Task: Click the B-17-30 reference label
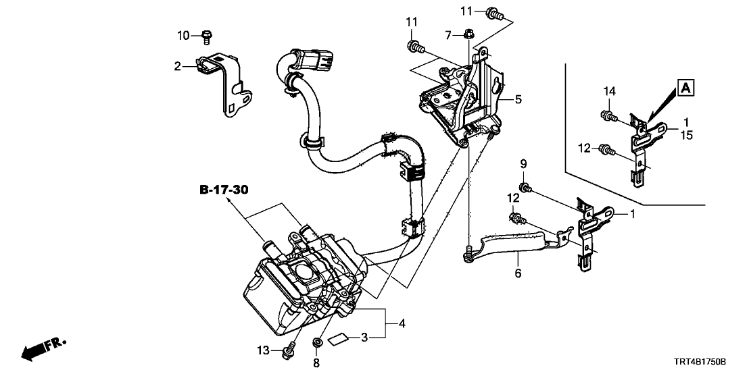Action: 224,191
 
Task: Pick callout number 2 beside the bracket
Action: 177,65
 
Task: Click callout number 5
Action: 518,100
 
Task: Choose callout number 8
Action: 316,363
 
